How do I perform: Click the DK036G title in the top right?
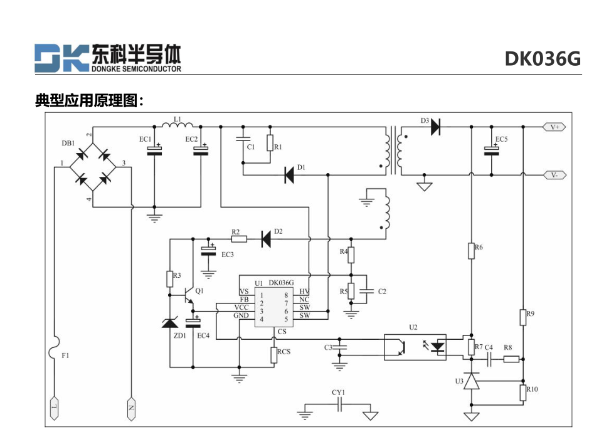pyautogui.click(x=543, y=59)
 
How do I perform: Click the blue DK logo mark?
pyautogui.click(x=61, y=58)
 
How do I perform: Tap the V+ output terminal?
pyautogui.click(x=554, y=127)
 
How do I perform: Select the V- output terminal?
pyautogui.click(x=554, y=175)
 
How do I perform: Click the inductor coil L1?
pyautogui.click(x=177, y=125)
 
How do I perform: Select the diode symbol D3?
pyautogui.click(x=435, y=127)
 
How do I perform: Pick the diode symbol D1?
pyautogui.click(x=289, y=175)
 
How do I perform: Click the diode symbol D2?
pyautogui.click(x=266, y=239)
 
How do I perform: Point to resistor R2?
pyautogui.click(x=239, y=239)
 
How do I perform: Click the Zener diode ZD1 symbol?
pyautogui.click(x=170, y=322)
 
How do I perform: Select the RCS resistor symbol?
pyautogui.click(x=274, y=355)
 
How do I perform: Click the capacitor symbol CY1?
pyautogui.click(x=339, y=406)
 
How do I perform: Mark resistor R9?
pyautogui.click(x=523, y=317)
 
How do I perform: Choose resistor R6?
pyautogui.click(x=471, y=251)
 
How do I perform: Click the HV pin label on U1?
pyautogui.click(x=304, y=292)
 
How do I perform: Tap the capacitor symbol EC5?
pyautogui.click(x=491, y=150)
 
